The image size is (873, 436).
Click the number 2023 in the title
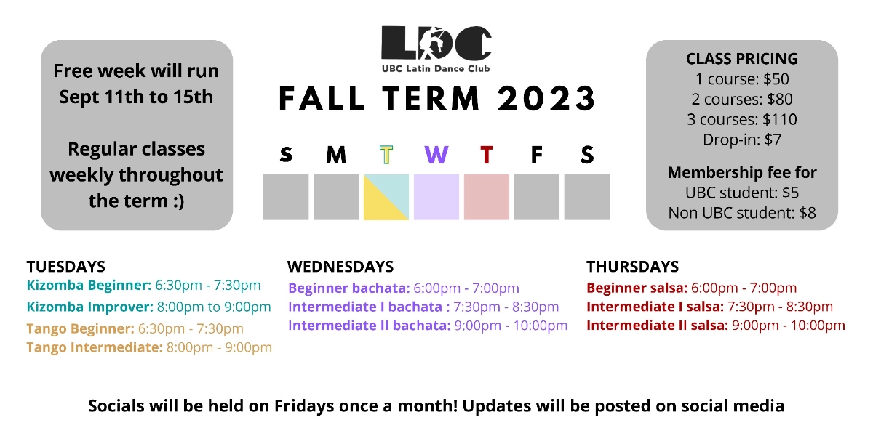point(546,99)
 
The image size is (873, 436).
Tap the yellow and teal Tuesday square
point(386,197)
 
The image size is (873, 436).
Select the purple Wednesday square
point(436,197)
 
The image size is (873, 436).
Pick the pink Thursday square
point(486,197)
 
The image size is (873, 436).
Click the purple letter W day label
point(436,155)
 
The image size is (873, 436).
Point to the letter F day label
point(536,155)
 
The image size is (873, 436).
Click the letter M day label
point(336,155)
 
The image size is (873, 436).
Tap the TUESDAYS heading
point(65,266)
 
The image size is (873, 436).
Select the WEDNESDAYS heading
point(340,266)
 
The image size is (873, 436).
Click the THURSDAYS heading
point(632,266)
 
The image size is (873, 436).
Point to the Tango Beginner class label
point(80,329)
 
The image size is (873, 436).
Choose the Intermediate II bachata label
point(369,325)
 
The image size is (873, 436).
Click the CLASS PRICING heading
point(741,59)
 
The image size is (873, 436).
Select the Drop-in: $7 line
point(741,140)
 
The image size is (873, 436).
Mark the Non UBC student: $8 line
point(741,213)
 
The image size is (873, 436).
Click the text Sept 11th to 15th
point(136,97)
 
